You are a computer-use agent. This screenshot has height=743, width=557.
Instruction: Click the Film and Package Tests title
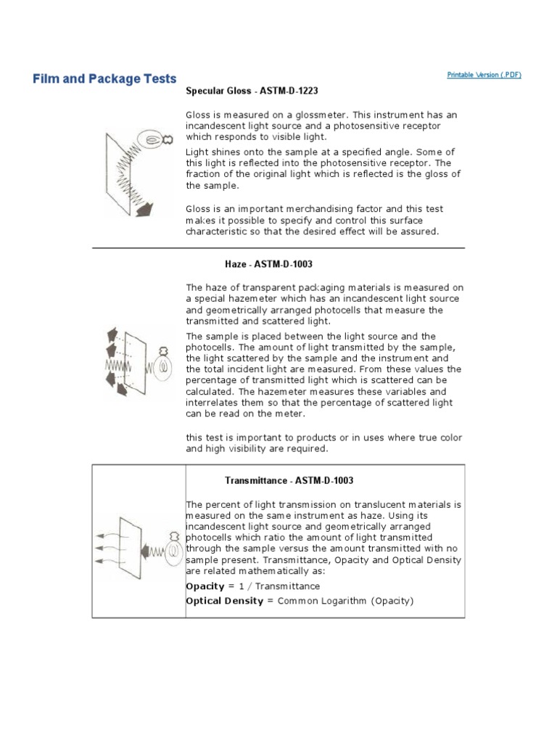(x=104, y=78)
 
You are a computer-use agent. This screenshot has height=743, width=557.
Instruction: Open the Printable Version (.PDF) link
(x=484, y=75)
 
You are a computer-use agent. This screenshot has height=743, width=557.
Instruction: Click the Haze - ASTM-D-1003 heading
(x=263, y=265)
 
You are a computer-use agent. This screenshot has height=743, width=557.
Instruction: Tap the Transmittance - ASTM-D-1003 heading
(x=289, y=480)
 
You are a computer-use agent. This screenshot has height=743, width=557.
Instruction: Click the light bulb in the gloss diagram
(x=154, y=139)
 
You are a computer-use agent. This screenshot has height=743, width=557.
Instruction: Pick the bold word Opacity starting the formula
(x=205, y=586)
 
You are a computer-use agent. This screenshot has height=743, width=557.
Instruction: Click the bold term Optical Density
(x=224, y=602)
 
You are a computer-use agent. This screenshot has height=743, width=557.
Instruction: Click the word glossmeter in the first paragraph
(x=297, y=115)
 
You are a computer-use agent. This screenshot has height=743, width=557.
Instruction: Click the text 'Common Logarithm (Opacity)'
(x=346, y=602)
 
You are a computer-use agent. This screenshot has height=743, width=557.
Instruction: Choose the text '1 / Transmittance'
(x=278, y=586)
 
